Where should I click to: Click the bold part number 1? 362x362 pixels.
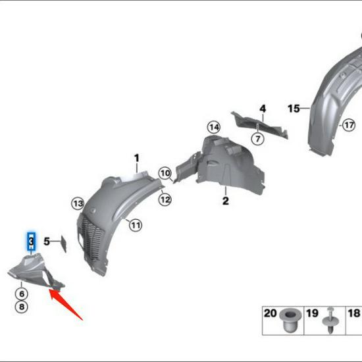[137, 158]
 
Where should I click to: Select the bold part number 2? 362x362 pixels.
[225, 201]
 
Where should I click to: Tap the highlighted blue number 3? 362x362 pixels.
[31, 242]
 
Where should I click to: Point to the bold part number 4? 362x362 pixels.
[262, 109]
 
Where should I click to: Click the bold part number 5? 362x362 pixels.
[47, 242]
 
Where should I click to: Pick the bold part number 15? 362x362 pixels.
[293, 108]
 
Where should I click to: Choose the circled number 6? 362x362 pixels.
[22, 294]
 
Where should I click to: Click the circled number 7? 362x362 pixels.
[257, 138]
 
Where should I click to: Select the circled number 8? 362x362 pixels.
[22, 307]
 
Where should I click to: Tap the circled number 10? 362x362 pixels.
[165, 173]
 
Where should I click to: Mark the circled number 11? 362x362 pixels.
[135, 226]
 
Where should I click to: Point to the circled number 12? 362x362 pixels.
[165, 199]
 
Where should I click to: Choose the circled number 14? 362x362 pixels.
[213, 126]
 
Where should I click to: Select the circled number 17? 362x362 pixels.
[348, 124]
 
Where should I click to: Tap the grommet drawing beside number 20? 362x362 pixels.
[288, 321]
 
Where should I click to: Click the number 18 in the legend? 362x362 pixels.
[353, 314]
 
